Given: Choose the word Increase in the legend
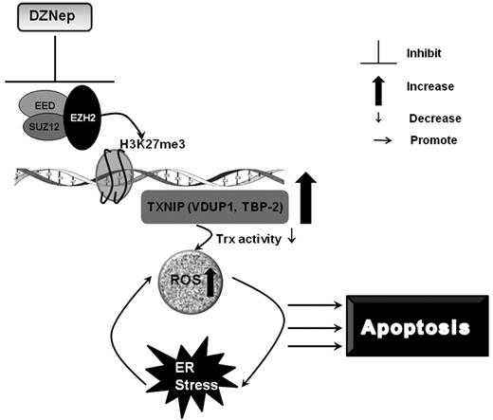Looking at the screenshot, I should [x=431, y=86].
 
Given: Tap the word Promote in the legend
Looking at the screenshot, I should [x=432, y=139].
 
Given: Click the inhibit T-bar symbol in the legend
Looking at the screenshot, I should [x=376, y=55].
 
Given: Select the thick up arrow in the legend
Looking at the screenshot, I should [x=376, y=90].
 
